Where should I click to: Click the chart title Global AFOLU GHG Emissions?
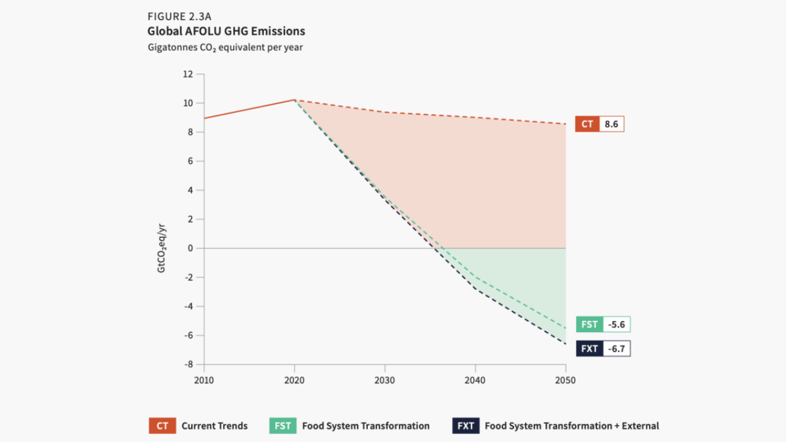(226, 31)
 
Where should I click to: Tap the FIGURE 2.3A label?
(179, 17)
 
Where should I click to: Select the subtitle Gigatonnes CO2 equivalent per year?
(225, 47)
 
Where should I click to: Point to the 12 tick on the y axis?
(188, 74)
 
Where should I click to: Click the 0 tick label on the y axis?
(191, 248)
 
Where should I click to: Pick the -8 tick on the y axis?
(188, 364)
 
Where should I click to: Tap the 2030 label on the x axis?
(384, 381)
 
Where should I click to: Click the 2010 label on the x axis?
(204, 381)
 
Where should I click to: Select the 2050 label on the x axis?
(565, 381)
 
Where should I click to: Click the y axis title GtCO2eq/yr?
(161, 248)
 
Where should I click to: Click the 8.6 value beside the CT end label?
(611, 124)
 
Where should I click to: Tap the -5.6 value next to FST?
(616, 325)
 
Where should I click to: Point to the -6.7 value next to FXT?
(616, 349)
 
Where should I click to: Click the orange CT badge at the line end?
(588, 124)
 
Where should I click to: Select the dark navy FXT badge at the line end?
(589, 349)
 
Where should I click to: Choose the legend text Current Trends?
(214, 425)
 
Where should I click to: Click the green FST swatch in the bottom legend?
(282, 425)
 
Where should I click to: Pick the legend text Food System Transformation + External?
(572, 425)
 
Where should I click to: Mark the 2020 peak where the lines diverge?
(295, 99)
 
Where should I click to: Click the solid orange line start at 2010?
(204, 118)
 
